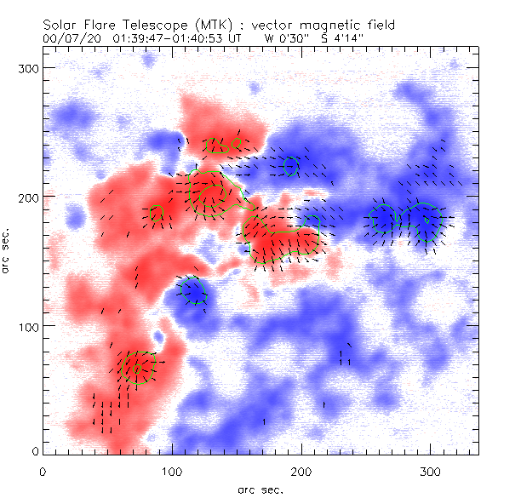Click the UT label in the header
pos(234,38)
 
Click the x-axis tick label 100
pos(172,471)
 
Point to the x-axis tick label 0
pos(43,471)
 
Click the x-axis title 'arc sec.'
pos(260,489)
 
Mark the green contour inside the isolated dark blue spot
pos(194,291)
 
